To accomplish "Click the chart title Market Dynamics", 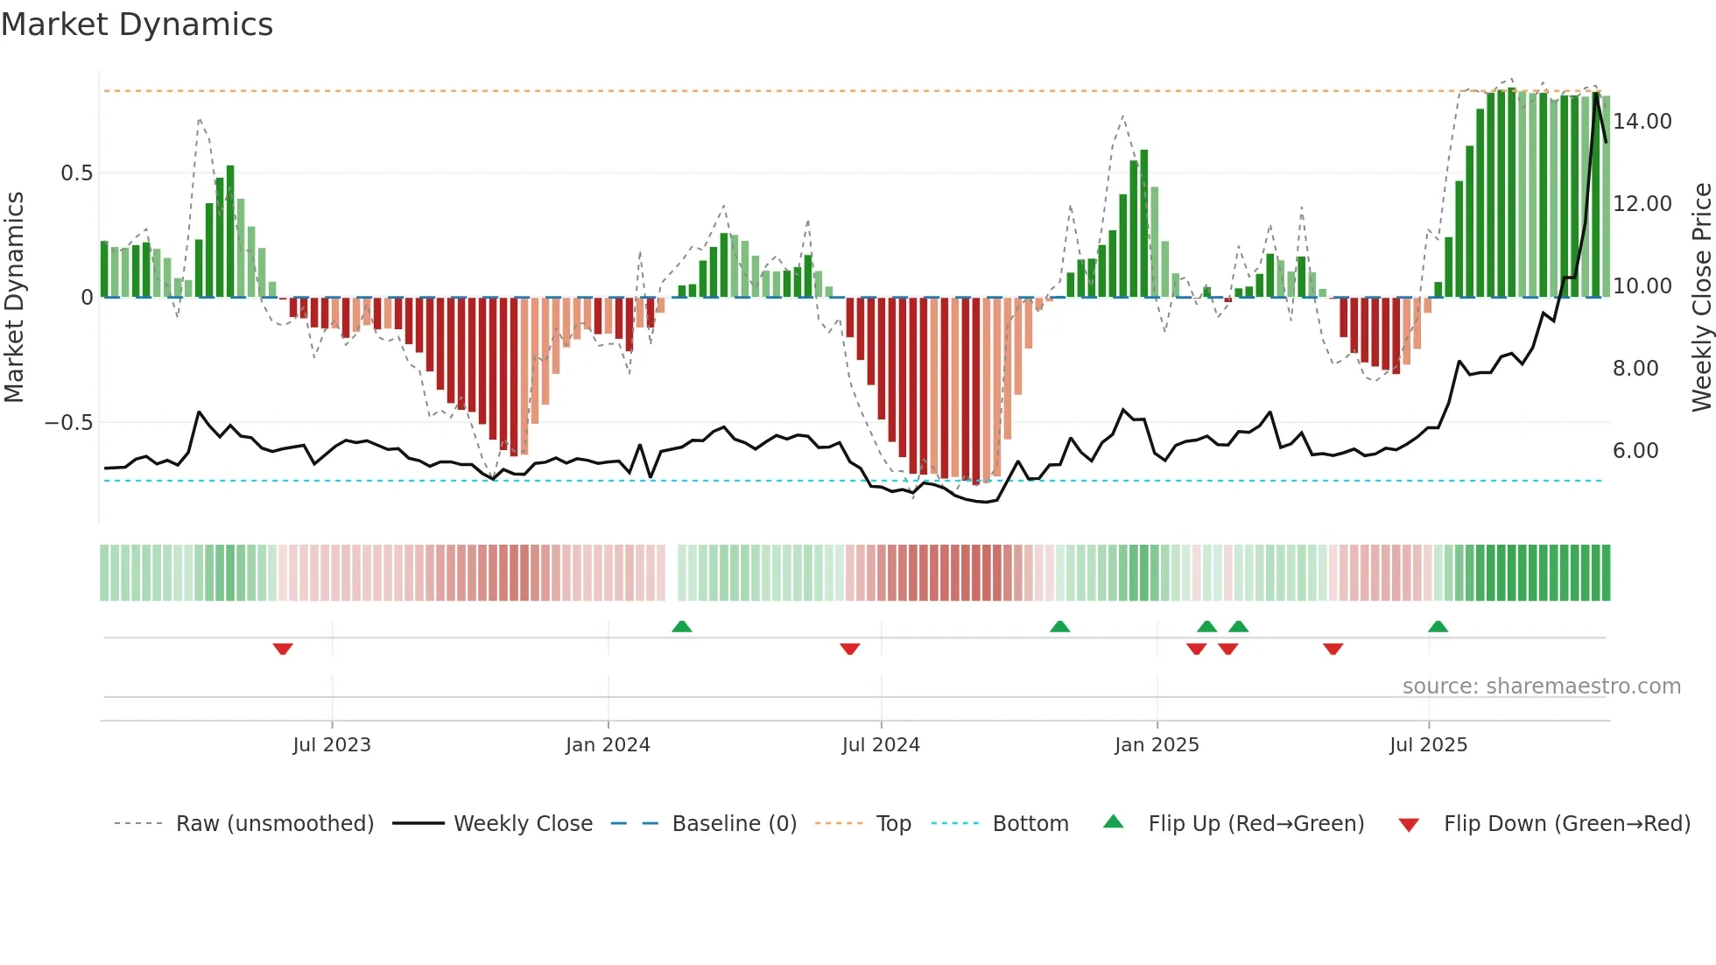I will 137,25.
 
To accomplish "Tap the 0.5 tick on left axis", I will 76,173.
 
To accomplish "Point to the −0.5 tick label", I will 68,423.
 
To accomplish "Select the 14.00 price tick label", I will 1642,122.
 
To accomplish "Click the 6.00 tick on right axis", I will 1635,451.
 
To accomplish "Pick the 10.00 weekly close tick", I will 1642,286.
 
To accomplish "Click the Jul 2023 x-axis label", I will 332,745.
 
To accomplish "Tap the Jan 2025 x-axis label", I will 1157,745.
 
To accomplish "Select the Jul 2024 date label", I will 881,745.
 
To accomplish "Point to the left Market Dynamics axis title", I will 14,298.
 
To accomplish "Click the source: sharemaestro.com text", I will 1541,687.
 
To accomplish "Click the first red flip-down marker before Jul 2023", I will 283,649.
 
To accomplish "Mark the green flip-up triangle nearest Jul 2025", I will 1438,626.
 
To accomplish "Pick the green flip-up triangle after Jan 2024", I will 682,626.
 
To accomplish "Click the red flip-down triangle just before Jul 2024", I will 849,649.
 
